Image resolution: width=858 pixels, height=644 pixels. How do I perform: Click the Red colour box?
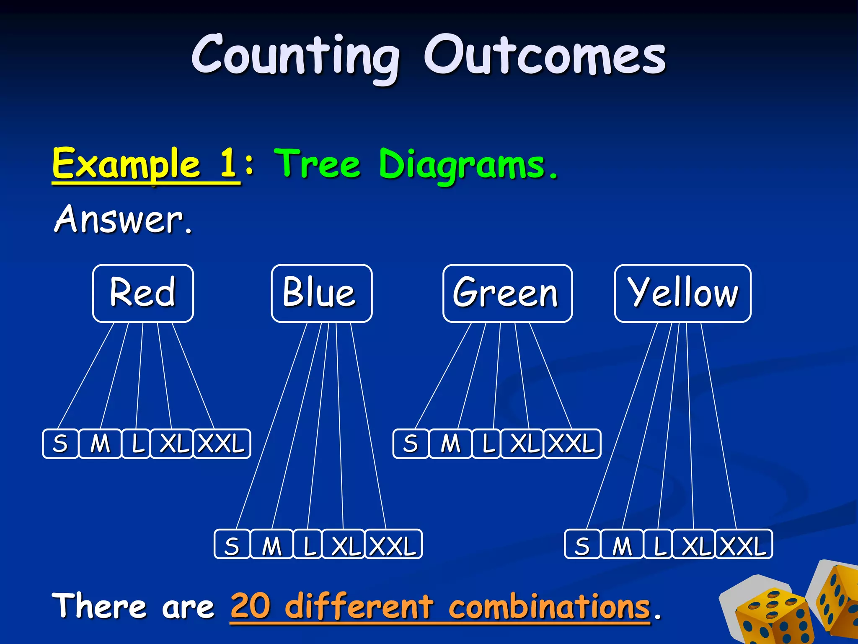coord(143,293)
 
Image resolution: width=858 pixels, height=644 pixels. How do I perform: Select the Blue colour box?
coord(321,293)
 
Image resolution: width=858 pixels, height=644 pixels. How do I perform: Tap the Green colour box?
coord(507,293)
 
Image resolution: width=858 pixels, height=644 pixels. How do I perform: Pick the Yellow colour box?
coord(682,293)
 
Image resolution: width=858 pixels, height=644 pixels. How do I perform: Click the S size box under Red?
coord(60,444)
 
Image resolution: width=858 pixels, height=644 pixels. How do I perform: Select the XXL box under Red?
coord(222,444)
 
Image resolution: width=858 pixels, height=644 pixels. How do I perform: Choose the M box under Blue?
coord(271,544)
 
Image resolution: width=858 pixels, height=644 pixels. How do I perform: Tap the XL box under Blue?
coord(344,544)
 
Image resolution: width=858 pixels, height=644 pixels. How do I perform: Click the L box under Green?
coord(486,444)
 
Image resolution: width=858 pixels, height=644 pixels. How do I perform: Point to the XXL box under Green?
coord(572,444)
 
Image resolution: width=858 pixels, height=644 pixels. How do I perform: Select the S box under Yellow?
coord(582,544)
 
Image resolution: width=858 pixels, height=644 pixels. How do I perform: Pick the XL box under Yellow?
coord(694,544)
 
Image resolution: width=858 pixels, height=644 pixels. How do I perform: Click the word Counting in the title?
coord(296,57)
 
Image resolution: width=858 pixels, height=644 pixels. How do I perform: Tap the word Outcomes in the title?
coord(545,57)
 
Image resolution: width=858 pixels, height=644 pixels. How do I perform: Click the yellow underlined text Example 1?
coord(145,164)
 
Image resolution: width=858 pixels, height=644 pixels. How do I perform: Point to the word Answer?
coord(119,219)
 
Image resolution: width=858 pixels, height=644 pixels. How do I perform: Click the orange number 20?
coord(251,607)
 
